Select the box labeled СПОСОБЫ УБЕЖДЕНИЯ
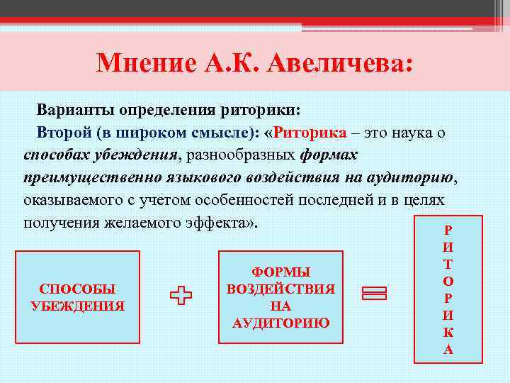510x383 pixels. click(78, 297)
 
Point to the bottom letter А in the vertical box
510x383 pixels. click(448, 348)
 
